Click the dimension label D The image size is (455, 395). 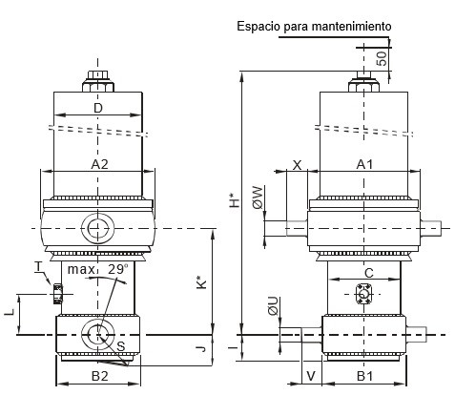(98, 108)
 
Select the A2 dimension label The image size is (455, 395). (99, 164)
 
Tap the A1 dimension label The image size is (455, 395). (364, 164)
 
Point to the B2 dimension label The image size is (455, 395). (100, 376)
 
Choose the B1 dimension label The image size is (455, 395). (364, 376)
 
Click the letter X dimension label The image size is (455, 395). (297, 165)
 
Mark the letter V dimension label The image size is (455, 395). (311, 376)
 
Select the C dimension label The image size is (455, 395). (369, 273)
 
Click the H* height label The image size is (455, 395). (235, 200)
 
